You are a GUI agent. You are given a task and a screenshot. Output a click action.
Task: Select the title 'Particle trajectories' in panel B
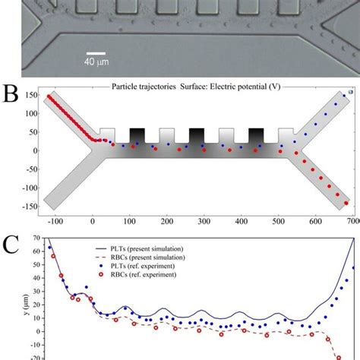coord(147,87)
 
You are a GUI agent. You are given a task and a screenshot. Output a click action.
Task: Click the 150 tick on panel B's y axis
coord(32,96)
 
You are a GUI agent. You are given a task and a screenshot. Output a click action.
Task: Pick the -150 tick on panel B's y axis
coord(30,205)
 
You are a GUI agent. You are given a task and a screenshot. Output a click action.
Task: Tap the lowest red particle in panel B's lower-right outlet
coord(346,203)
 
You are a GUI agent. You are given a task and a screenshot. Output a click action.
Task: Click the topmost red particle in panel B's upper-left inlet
coord(50,97)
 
